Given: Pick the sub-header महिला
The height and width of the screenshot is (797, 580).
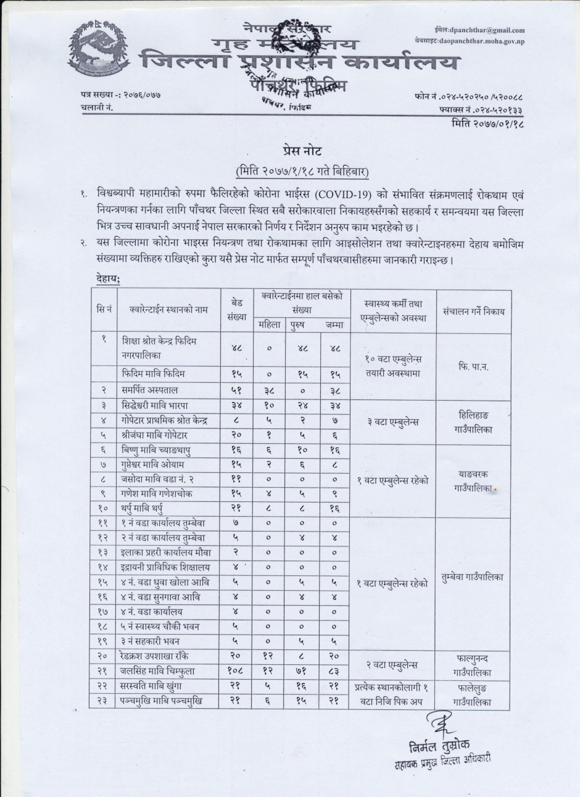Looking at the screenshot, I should pyautogui.click(x=270, y=324).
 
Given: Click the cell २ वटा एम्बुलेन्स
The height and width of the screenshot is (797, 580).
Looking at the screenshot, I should pyautogui.click(x=393, y=665).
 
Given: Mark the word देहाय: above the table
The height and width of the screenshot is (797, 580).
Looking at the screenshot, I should pyautogui.click(x=108, y=279).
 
